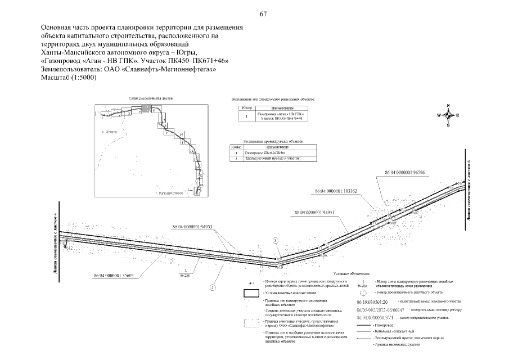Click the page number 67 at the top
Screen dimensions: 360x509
pos(263,14)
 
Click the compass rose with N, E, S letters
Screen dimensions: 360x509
pos(448,115)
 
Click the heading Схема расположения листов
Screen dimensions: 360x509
pos(151,98)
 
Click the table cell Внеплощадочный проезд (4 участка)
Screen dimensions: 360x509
pos(272,159)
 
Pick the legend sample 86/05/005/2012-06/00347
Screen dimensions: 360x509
pos(380,310)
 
